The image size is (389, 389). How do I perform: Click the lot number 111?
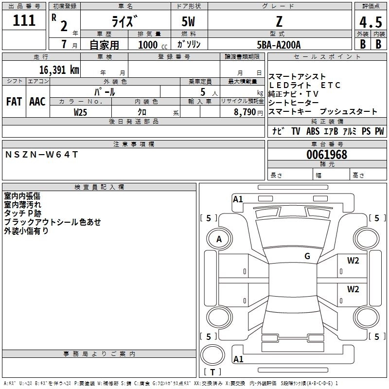[24, 20]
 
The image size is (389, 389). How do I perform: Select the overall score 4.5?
[370, 22]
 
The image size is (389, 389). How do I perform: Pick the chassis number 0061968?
[327, 155]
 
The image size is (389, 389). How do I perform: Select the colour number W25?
[81, 112]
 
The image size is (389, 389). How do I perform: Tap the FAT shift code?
[14, 102]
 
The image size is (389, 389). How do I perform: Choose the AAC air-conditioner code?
[37, 102]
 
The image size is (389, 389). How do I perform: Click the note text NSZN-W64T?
[41, 155]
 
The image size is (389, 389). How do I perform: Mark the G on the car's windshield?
[307, 256]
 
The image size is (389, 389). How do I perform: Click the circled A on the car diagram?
[219, 239]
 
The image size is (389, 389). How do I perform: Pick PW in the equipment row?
[379, 131]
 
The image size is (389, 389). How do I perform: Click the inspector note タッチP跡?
[22, 213]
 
